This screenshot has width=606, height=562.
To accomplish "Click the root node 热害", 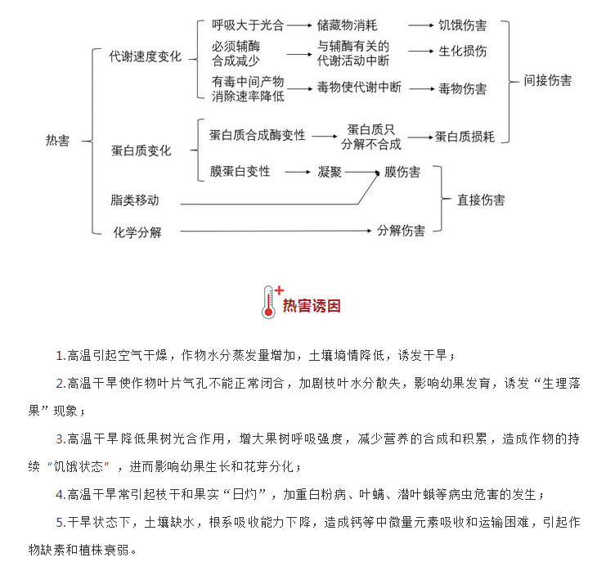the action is (x=57, y=141).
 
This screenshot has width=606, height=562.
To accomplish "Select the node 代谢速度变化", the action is (x=146, y=56).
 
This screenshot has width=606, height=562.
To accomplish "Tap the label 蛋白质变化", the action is (x=141, y=151).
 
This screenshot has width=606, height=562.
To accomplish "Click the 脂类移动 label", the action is (x=134, y=200).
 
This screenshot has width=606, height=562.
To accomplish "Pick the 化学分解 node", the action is (x=137, y=232).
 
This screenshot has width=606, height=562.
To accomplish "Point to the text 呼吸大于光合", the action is (x=248, y=25).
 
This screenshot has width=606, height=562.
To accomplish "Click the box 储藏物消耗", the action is (x=347, y=25).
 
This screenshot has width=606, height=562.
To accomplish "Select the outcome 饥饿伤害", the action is (x=462, y=25).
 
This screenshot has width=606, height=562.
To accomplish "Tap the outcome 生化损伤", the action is (x=462, y=51).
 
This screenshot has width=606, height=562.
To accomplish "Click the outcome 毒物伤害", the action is (x=462, y=89).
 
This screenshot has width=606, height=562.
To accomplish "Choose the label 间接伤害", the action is (x=548, y=80).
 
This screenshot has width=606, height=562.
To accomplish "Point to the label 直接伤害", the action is (x=481, y=200).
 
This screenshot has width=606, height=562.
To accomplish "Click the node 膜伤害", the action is (x=402, y=172).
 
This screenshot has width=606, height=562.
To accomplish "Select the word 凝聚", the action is (x=330, y=172).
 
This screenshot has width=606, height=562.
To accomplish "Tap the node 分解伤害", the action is (x=402, y=231).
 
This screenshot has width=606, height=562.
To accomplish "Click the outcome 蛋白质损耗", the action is (x=465, y=137).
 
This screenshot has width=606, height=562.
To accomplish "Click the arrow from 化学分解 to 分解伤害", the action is (x=276, y=232).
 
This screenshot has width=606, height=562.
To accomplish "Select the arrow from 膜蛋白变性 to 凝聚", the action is (x=298, y=172).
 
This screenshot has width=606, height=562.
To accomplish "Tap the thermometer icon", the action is (x=268, y=302).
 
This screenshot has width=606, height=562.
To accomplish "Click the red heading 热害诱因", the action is (x=312, y=306).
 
